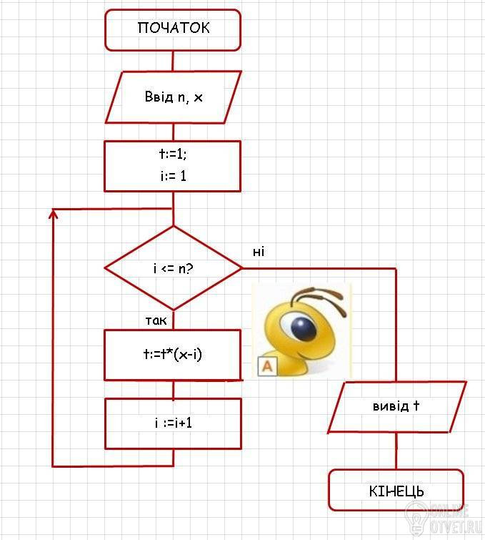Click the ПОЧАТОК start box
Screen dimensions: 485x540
click(173, 30)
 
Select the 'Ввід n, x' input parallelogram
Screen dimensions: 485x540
click(174, 97)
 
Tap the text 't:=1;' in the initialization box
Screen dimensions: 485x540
click(173, 154)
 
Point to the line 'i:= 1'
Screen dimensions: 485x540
click(174, 176)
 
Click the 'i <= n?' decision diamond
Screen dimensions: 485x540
click(174, 268)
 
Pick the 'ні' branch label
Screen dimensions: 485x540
click(259, 252)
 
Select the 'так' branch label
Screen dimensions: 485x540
click(156, 320)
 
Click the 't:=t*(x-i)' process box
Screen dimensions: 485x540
click(173, 355)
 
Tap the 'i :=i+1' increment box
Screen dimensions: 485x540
click(173, 423)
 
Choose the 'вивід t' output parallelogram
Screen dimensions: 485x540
click(397, 407)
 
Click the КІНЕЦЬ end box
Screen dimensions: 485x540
click(396, 490)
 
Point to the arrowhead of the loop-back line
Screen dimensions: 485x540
click(53, 214)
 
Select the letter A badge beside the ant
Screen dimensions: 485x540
click(267, 365)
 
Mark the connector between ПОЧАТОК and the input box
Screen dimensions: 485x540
click(173, 61)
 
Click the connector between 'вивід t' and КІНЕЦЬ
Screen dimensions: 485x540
click(396, 451)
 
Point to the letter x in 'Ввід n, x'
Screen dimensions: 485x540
click(198, 98)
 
